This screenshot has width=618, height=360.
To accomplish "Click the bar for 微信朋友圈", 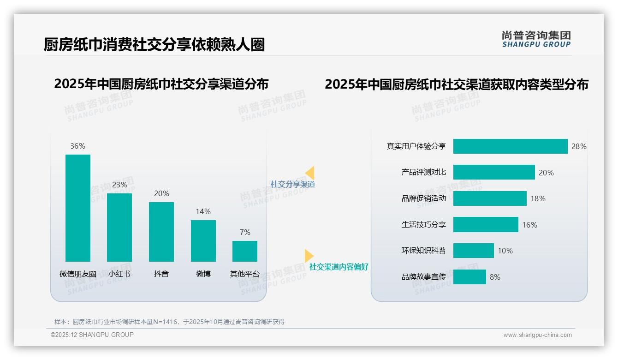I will pyautogui.click(x=78, y=208).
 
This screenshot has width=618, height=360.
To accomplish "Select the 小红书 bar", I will pyautogui.click(x=119, y=227).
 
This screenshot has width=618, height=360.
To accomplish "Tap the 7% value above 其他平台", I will pyautogui.click(x=245, y=232).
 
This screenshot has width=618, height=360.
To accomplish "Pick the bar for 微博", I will pyautogui.click(x=203, y=240).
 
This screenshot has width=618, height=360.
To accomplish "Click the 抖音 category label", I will pyautogui.click(x=161, y=274).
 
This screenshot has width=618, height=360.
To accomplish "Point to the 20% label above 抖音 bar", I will pyautogui.click(x=161, y=193).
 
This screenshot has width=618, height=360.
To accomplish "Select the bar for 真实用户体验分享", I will pyautogui.click(x=510, y=146).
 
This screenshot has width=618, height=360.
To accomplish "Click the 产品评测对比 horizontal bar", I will pyautogui.click(x=494, y=172).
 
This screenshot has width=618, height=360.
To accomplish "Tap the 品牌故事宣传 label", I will pyautogui.click(x=424, y=277).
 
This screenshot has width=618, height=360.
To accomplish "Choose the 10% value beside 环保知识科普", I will pyautogui.click(x=505, y=251).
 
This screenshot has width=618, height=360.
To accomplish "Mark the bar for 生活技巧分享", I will pyautogui.click(x=486, y=225).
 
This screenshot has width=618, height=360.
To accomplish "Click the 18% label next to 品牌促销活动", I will pyautogui.click(x=538, y=198).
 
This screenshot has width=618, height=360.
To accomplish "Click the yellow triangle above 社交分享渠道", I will pyautogui.click(x=310, y=173).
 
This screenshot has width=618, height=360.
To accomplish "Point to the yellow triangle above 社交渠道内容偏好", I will pyautogui.click(x=309, y=256).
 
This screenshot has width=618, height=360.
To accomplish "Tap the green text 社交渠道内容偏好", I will pyautogui.click(x=339, y=267).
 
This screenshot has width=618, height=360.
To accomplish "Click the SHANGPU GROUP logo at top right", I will pyautogui.click(x=536, y=39).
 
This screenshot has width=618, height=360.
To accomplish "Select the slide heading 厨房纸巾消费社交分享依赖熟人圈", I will pyautogui.click(x=154, y=45).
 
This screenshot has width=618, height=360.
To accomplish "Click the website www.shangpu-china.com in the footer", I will pyautogui.click(x=537, y=335).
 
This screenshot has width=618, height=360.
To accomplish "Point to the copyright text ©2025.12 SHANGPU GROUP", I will pyautogui.click(x=92, y=335).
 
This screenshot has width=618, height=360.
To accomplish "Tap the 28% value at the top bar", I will pyautogui.click(x=579, y=146).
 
